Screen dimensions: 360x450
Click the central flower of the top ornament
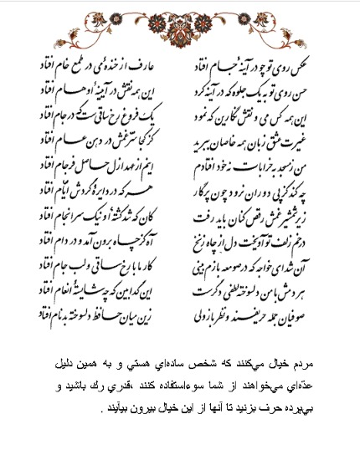click(x=179, y=18)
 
